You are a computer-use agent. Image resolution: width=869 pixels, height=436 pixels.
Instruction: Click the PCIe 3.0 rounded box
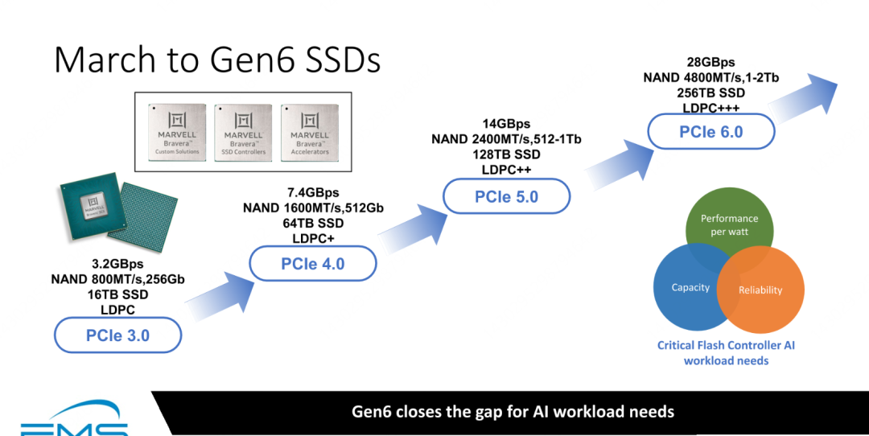(x=117, y=335)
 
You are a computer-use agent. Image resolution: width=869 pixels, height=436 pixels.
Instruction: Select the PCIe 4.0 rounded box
(x=312, y=263)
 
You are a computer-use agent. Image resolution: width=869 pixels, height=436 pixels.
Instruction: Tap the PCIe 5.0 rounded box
(x=506, y=196)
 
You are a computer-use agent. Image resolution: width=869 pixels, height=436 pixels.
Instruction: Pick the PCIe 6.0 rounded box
(x=710, y=131)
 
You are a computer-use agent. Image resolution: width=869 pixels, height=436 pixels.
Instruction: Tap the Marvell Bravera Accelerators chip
(x=310, y=133)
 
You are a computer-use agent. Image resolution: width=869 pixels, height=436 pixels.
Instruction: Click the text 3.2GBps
(x=117, y=263)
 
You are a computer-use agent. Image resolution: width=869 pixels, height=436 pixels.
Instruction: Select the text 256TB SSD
(x=710, y=93)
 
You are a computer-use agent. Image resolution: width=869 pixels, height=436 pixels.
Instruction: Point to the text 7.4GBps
(x=313, y=192)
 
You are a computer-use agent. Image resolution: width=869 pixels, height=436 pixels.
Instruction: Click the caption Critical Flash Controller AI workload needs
(x=726, y=352)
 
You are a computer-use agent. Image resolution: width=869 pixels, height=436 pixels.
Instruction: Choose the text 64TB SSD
(x=313, y=223)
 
